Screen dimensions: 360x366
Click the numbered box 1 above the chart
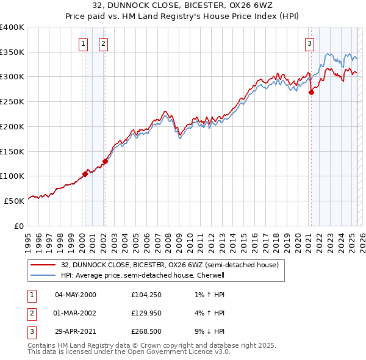tap(82, 43)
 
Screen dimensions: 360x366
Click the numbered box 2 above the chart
tap(104, 43)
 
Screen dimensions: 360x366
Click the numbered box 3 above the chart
tap(310, 43)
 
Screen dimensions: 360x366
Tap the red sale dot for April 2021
tap(311, 93)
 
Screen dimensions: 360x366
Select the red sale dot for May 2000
tap(85, 174)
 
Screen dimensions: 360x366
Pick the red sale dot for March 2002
tap(105, 162)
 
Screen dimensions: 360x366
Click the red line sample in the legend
tap(43, 265)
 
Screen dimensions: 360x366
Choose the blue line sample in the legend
tap(43, 275)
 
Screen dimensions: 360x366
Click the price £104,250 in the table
tap(147, 295)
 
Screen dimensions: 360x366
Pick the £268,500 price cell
tap(147, 331)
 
